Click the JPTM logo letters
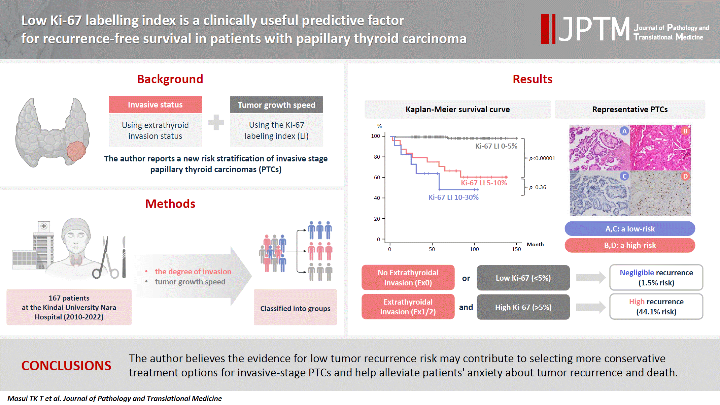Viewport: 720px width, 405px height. [594, 29]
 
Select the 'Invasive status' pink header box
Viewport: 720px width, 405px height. [155, 104]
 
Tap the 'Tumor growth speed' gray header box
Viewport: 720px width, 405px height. [276, 105]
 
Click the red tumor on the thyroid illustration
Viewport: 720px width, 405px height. [76, 151]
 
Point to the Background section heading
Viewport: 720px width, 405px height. [170, 79]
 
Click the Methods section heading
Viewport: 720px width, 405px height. [170, 204]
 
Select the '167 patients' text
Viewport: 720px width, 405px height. [69, 298]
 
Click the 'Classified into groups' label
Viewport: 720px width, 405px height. [295, 308]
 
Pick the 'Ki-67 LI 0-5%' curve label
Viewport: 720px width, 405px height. [496, 146]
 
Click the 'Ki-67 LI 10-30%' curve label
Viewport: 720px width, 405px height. [453, 197]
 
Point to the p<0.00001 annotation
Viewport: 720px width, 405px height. [542, 158]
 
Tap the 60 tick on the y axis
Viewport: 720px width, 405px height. [377, 178]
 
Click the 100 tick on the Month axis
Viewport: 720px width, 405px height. [474, 249]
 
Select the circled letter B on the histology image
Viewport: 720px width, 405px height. [685, 131]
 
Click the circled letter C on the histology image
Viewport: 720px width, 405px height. [624, 176]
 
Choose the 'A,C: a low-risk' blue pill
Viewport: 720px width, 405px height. [630, 229]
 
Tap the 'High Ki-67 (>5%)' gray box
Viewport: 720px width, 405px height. [523, 307]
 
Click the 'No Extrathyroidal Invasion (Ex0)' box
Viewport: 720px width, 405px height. [408, 278]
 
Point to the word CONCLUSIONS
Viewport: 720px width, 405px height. [66, 366]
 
